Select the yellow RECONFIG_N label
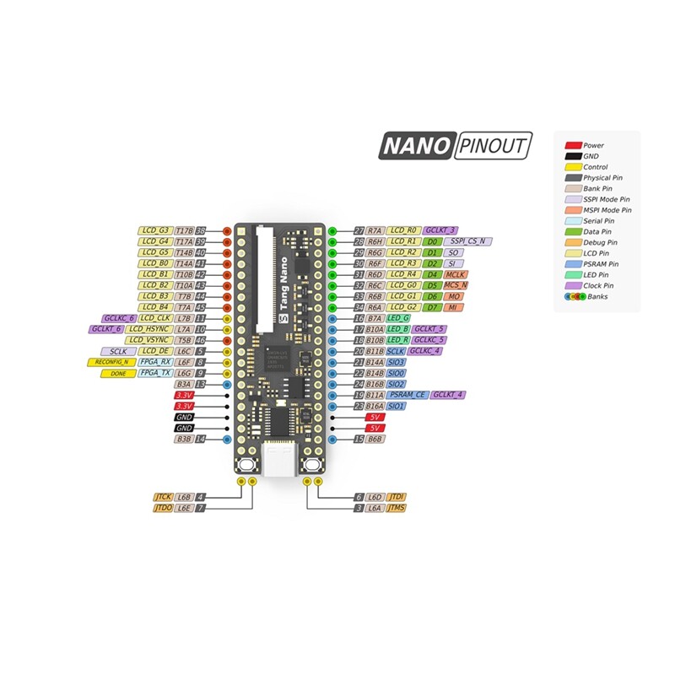pos(112,362)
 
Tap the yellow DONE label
pos(118,373)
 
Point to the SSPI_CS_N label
pos(469,241)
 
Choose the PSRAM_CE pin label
pos(407,395)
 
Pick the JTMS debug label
pos(396,509)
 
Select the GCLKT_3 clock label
pos(440,230)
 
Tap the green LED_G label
pos(397,318)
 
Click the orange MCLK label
pos(455,274)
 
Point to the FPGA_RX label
pos(155,362)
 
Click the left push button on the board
pos(247,466)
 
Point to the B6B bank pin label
pos(375,439)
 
